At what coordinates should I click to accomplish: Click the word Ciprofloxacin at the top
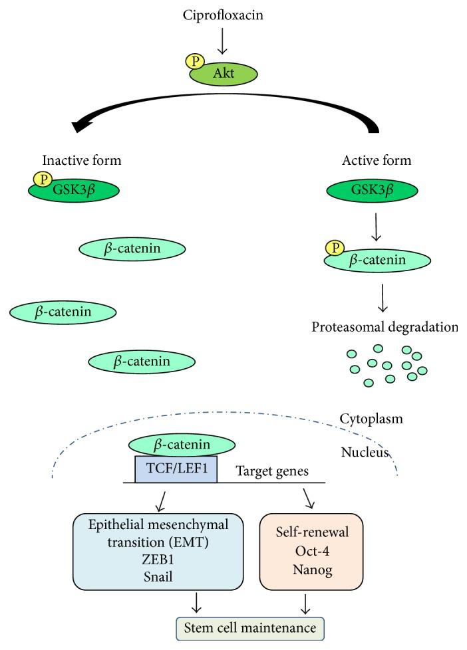(223, 13)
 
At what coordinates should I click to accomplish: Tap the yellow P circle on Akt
(194, 61)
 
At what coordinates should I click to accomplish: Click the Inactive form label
(82, 160)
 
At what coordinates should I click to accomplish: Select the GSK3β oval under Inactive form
(74, 190)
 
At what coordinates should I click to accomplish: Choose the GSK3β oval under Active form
(372, 190)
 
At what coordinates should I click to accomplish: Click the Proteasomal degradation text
(385, 327)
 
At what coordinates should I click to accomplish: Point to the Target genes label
(272, 471)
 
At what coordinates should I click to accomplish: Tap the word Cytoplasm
(371, 419)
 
